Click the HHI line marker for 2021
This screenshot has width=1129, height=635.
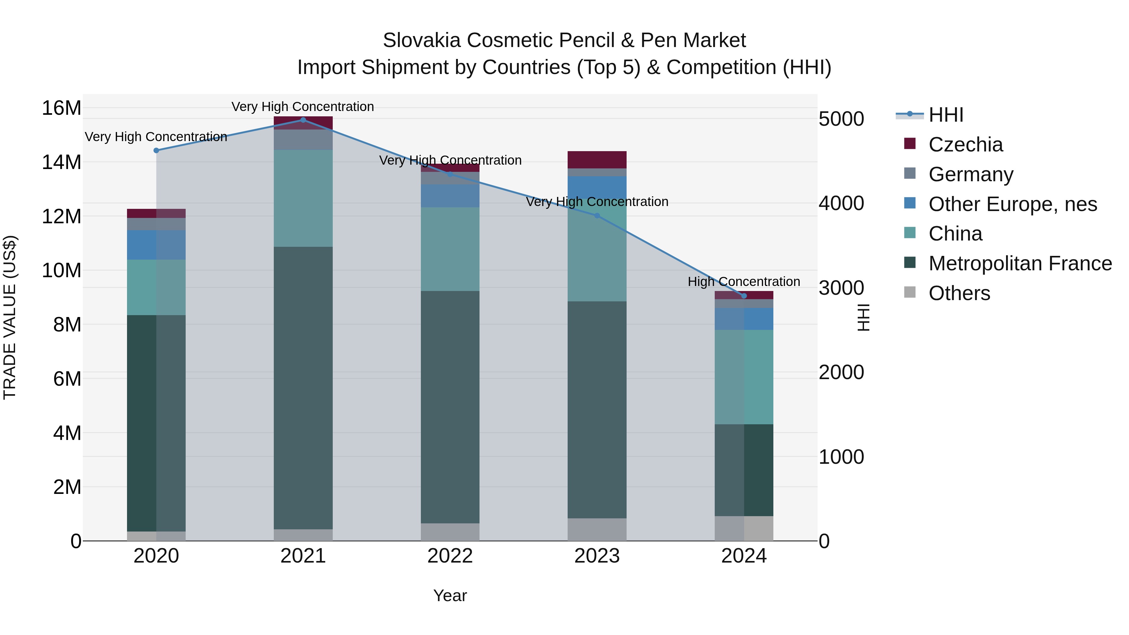(x=303, y=120)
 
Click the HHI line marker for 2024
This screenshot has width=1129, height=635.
(x=744, y=296)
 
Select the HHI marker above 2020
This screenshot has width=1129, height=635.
(x=156, y=150)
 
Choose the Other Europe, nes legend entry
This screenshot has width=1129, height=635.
(x=1012, y=204)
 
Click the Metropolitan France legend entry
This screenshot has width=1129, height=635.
(x=1020, y=263)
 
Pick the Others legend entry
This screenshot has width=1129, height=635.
(x=959, y=293)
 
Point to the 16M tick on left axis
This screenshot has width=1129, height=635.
(x=61, y=108)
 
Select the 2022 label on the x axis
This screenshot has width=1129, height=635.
(x=450, y=556)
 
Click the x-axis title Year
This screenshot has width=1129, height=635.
(x=450, y=595)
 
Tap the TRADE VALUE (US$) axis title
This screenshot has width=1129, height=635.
(x=10, y=317)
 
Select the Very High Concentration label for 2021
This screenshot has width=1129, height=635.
(x=303, y=107)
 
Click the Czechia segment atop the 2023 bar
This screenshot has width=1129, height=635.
(x=597, y=160)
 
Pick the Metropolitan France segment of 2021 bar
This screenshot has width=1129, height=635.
(x=303, y=388)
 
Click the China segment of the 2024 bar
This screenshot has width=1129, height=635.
(x=744, y=377)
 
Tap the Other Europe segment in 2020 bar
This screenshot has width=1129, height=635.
(x=156, y=245)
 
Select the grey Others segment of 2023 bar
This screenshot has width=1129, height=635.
(x=597, y=529)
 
